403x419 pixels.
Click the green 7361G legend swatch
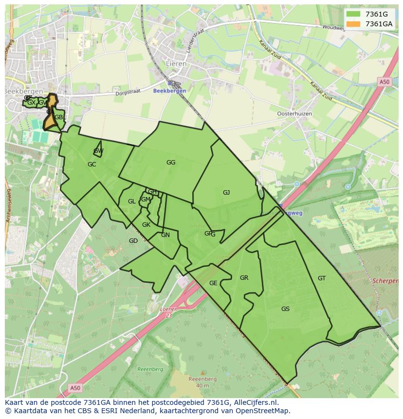coord(353,14)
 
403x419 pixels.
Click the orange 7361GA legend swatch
coord(353,24)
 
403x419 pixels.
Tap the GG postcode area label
coord(171,163)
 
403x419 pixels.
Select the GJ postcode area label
coord(226,193)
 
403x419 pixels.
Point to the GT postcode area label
coord(322,278)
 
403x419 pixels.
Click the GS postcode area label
coord(285,309)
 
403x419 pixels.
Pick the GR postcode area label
coord(244,278)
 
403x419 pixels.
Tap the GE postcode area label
coord(213,283)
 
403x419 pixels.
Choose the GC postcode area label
coord(92,164)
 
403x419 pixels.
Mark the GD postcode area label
coord(133,241)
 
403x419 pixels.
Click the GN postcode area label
coord(165,235)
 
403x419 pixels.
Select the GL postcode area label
coord(132,201)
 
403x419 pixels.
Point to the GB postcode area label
coord(58,117)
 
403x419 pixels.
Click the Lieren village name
coord(174,64)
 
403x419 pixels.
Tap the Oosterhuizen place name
coord(294,113)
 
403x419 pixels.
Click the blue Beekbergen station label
coord(169,91)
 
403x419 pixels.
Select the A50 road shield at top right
coord(385,82)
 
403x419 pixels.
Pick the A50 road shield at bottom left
coord(74,388)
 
